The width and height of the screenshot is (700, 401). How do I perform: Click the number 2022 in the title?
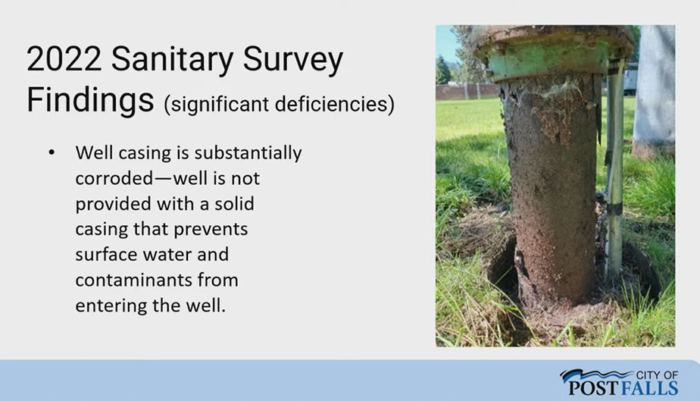coord(64,58)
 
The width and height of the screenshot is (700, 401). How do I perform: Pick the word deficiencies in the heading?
coord(334,105)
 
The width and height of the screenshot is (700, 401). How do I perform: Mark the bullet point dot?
coord(52,152)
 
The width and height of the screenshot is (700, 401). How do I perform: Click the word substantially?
coord(248,153)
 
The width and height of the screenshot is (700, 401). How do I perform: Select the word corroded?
coord(114,178)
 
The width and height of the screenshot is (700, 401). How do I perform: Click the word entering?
coord(111,306)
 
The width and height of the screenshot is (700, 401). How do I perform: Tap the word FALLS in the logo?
coord(649,388)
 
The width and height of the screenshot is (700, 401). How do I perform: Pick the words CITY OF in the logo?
coord(657,375)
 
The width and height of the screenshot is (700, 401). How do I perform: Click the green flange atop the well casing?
coord(549,64)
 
